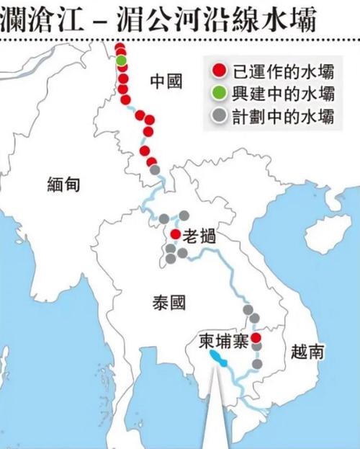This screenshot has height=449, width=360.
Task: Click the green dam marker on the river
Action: [x=121, y=60]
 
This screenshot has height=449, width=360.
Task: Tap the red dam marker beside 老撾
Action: [x=175, y=234]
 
